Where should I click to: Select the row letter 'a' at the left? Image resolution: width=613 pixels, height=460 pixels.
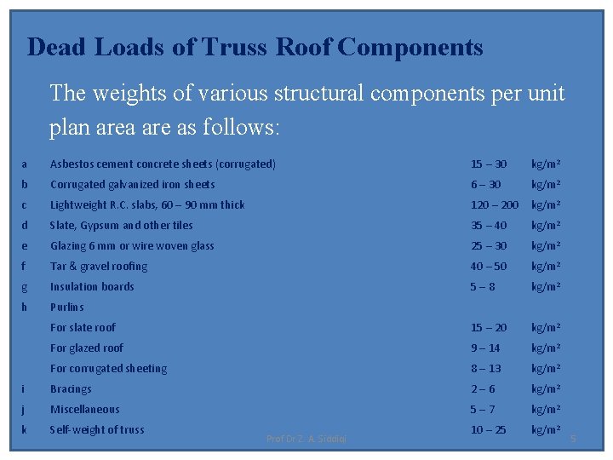(25, 164)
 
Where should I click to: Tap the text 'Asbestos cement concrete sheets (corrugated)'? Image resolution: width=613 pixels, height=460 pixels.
(163, 164)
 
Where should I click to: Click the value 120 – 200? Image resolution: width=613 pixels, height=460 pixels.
(495, 204)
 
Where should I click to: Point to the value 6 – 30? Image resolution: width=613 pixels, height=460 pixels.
(486, 184)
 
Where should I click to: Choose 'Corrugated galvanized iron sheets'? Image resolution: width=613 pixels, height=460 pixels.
(133, 184)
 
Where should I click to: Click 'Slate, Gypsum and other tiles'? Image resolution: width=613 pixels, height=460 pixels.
(122, 225)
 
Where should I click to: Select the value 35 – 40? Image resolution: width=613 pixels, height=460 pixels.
(489, 225)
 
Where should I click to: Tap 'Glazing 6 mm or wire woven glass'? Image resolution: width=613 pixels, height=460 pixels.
(132, 245)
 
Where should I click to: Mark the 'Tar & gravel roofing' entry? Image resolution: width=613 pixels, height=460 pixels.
(99, 266)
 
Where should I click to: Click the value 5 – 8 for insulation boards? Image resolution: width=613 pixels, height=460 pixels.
(484, 286)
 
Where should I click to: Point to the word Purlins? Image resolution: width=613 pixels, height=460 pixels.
(67, 307)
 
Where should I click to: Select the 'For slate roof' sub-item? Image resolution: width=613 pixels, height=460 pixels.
(83, 327)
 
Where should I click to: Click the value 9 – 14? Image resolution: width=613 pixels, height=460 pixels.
(486, 348)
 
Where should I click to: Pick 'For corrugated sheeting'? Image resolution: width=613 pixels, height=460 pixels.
(108, 368)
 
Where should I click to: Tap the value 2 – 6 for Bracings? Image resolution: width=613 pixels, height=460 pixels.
(483, 388)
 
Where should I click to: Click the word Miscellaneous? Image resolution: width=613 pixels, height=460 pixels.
(85, 409)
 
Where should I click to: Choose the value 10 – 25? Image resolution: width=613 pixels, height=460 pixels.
(489, 429)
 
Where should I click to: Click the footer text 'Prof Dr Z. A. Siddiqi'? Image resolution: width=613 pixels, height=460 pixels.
(306, 439)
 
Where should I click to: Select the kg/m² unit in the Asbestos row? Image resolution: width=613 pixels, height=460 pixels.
(546, 164)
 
